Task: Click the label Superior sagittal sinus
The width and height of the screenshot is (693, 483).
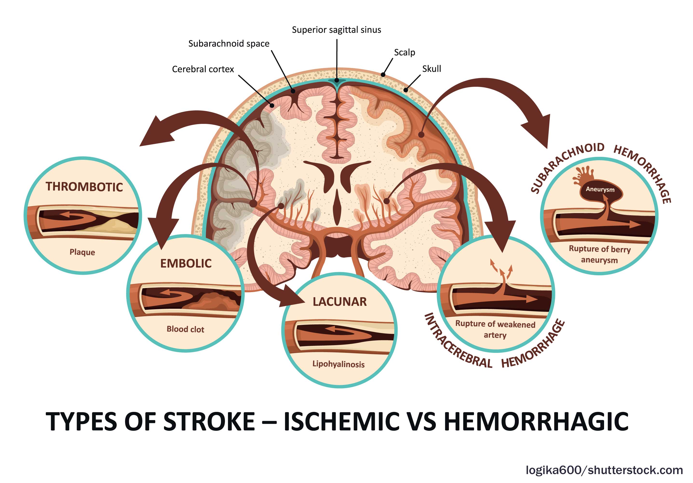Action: point(336,30)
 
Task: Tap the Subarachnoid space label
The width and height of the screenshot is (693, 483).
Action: point(229,44)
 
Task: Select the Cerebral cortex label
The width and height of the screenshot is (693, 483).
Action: point(203,69)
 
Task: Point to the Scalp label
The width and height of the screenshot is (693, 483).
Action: point(404,53)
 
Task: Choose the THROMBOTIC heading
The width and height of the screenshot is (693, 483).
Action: point(84,187)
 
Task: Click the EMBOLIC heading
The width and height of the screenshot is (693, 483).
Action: point(186,263)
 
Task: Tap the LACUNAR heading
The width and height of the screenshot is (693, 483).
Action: point(340,302)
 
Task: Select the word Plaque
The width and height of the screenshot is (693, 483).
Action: point(82,252)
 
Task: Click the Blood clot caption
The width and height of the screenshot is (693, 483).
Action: point(185,329)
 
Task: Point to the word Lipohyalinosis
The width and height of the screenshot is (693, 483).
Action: point(338,364)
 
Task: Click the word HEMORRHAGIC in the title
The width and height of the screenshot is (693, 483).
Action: point(536,421)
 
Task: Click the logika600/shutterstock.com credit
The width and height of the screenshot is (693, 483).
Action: point(604,470)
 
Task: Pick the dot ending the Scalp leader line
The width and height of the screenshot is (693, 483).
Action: point(383,74)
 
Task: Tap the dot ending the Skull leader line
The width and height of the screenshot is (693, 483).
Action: point(406,90)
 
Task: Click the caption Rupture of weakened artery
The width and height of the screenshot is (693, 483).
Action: point(495,329)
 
